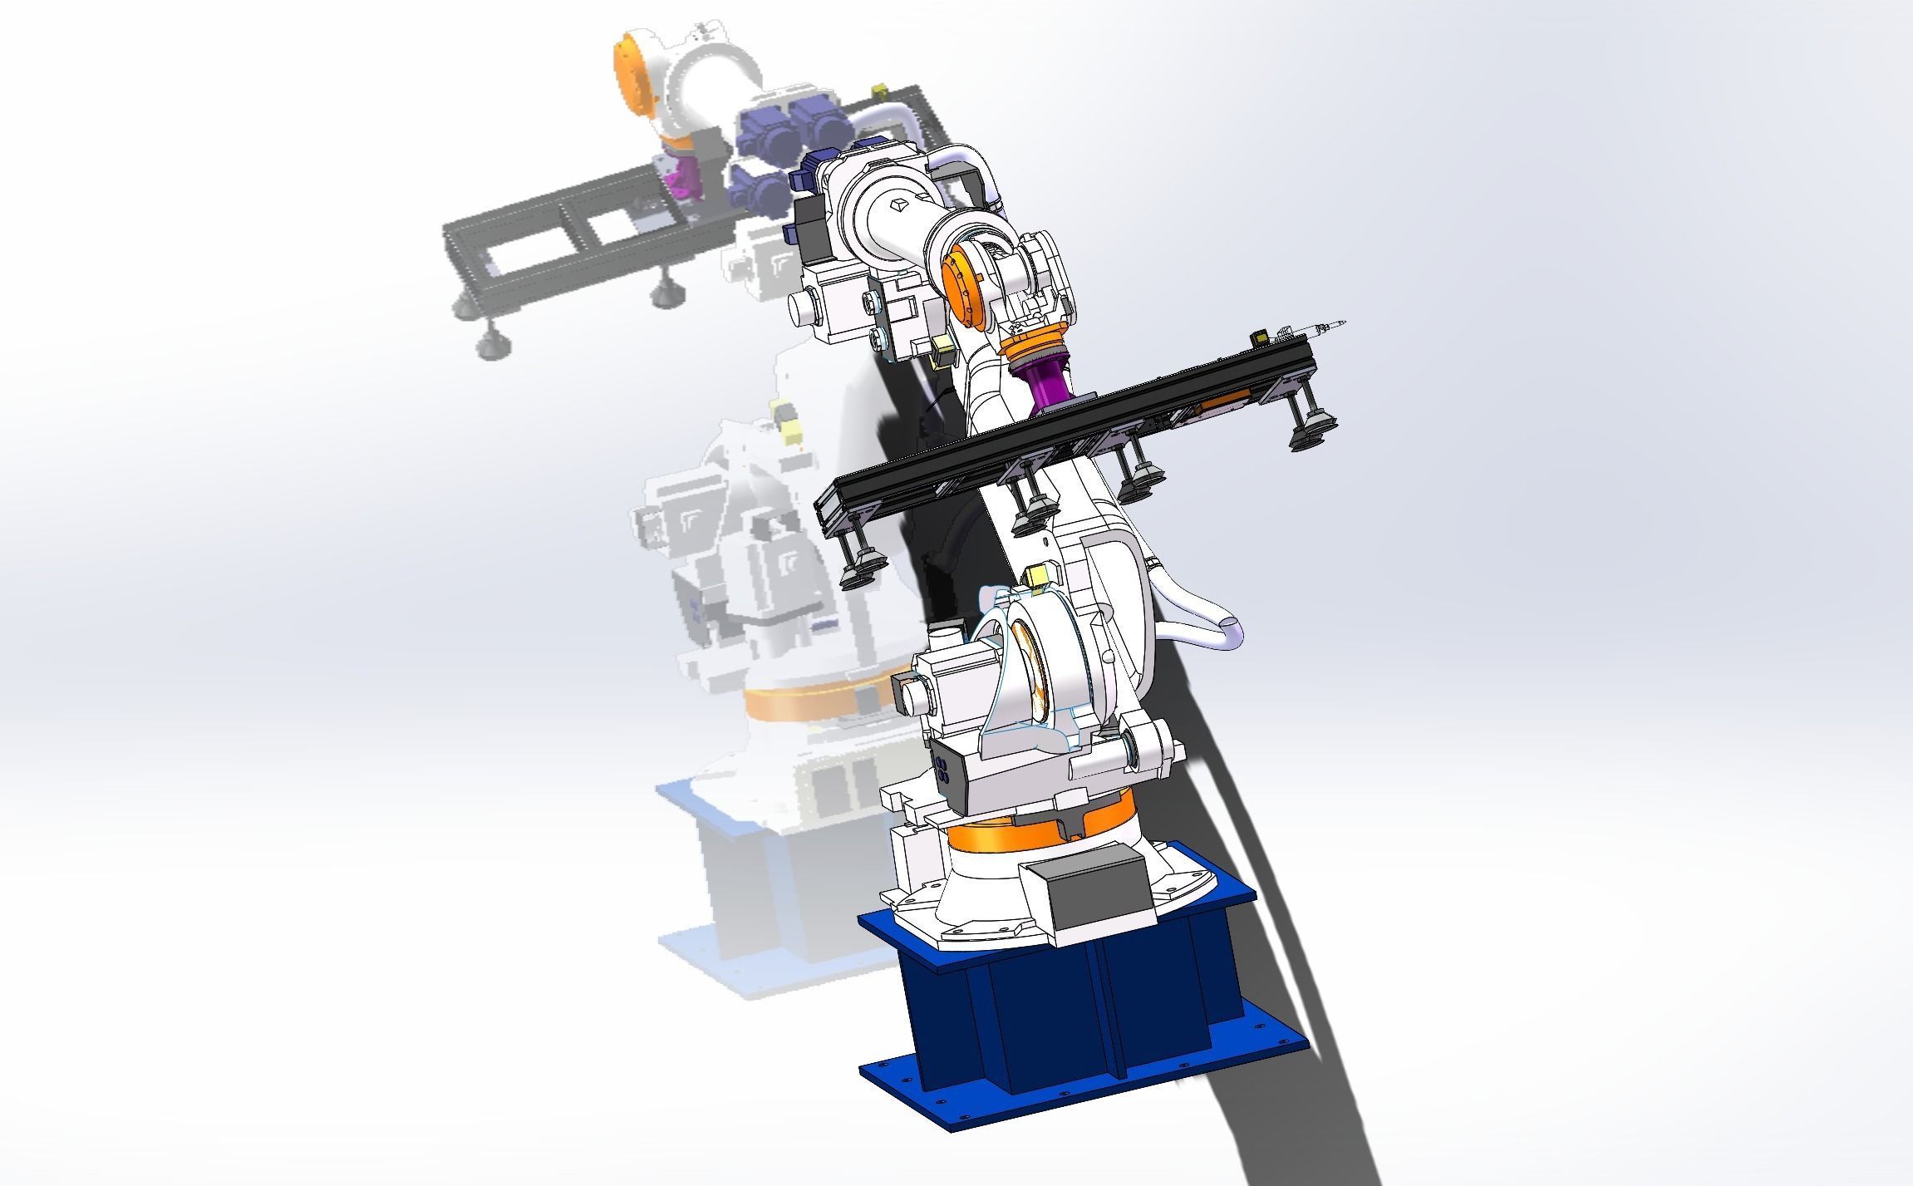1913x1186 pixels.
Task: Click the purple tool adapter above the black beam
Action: (x=1049, y=385)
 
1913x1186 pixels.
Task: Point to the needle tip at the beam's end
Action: (x=1342, y=321)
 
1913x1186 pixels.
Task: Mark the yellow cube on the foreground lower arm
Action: (x=1040, y=575)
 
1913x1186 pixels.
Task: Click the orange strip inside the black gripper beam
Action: (x=1226, y=405)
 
